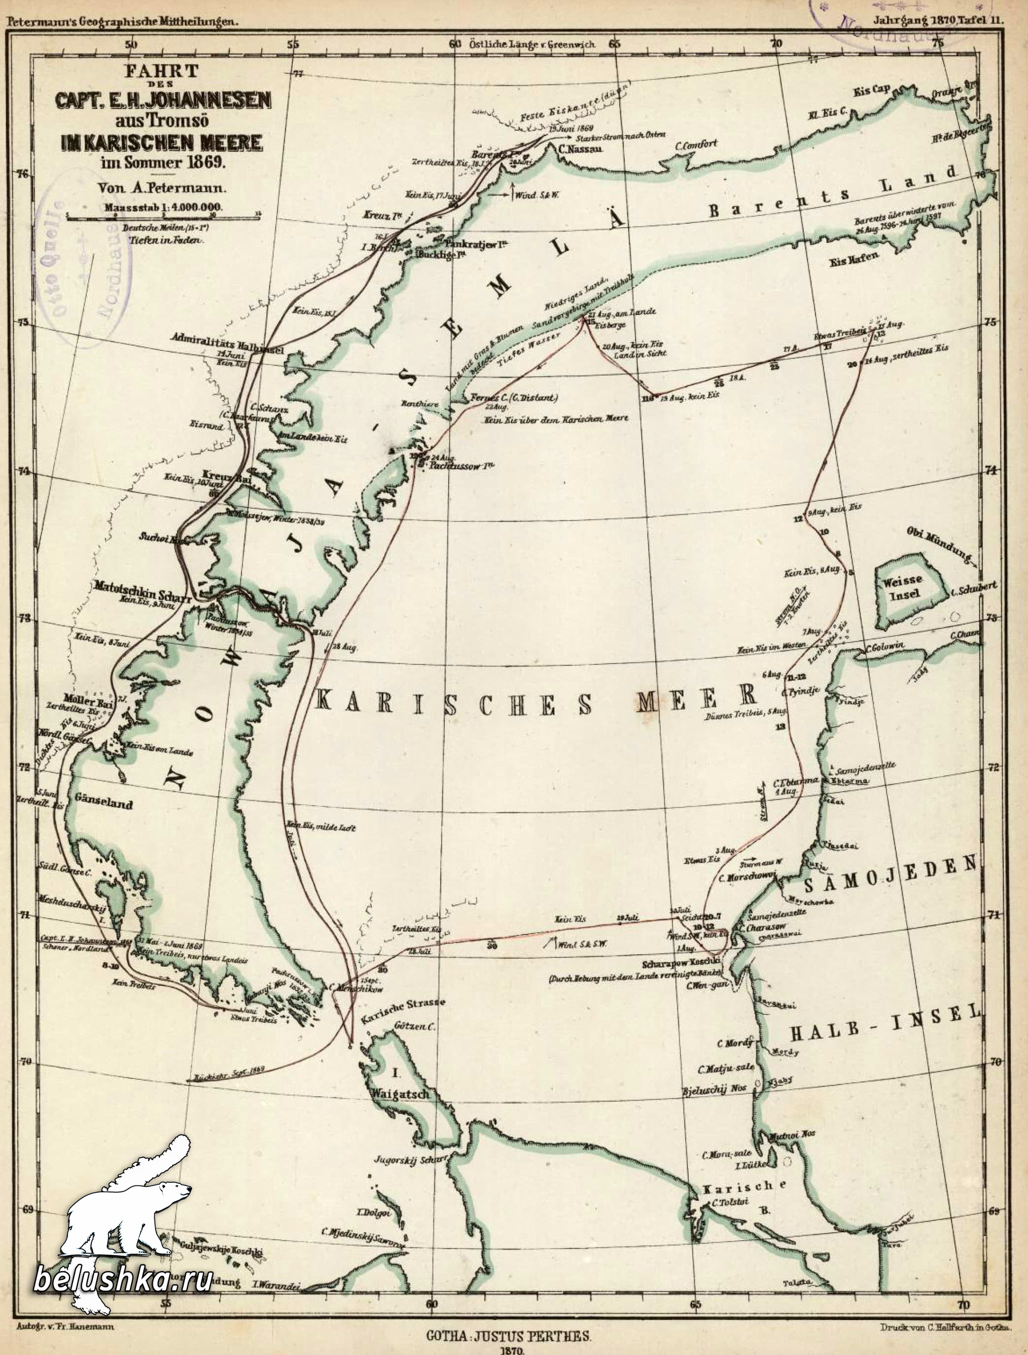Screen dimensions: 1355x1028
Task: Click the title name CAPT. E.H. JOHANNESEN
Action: (163, 100)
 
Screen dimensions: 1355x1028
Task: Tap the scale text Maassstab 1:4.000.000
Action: (163, 208)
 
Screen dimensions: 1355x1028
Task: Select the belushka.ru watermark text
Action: (123, 1277)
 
